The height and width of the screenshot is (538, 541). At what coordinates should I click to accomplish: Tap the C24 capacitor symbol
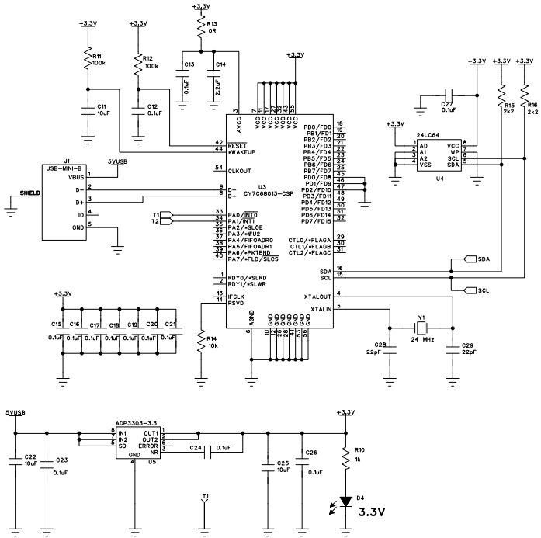coord(209,448)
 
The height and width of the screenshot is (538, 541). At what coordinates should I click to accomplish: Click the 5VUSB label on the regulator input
coord(15,413)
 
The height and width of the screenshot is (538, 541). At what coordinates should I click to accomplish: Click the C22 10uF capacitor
coord(16,461)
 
